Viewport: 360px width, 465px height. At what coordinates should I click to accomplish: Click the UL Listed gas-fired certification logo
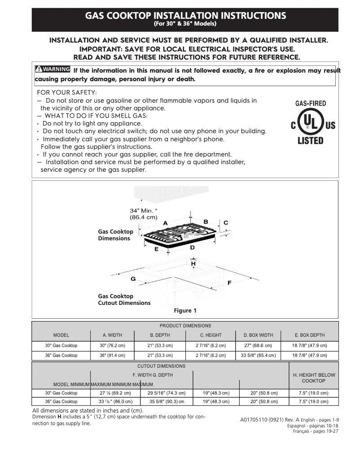310,122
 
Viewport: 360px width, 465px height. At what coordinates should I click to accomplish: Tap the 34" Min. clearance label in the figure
143,214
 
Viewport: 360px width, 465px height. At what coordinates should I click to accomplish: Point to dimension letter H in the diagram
193,264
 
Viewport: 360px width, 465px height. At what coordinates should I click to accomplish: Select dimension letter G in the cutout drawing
133,279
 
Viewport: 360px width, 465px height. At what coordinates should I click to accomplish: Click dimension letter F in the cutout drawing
229,283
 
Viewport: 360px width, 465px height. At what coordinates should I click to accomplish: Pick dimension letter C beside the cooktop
226,222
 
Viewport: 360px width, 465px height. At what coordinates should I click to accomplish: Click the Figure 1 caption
185,311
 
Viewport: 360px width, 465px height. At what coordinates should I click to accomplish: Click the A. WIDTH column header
112,335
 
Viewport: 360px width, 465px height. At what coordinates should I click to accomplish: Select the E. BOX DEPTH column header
309,335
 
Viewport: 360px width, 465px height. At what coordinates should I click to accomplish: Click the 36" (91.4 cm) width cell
112,355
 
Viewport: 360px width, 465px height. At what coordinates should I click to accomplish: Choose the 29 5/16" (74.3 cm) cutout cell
167,393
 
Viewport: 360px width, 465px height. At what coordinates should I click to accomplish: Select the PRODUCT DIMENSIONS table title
185,326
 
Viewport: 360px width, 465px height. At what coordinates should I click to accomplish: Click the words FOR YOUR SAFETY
64,92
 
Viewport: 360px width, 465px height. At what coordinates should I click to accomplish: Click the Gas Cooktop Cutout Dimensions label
124,300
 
